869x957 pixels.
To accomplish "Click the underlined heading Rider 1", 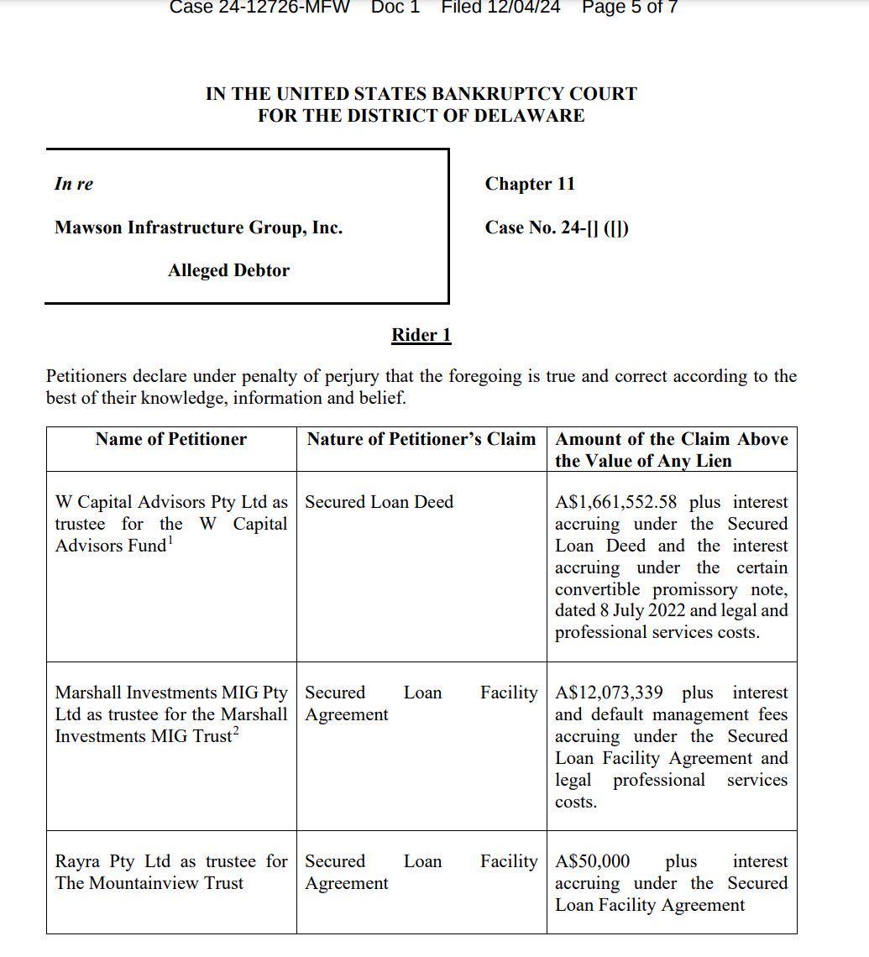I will tap(421, 335).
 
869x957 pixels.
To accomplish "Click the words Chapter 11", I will tap(530, 184).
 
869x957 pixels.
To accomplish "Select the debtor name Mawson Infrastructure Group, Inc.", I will tap(198, 227).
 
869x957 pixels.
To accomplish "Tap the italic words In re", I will tap(74, 184).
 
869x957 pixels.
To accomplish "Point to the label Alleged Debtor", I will tap(228, 270).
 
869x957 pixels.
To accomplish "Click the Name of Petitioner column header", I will tap(171, 439).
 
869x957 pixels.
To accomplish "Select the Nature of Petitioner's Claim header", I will tap(421, 439).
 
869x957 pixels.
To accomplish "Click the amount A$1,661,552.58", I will tap(615, 502).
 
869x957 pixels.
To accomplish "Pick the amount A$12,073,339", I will tap(609, 693).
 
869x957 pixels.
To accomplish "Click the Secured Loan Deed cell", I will tap(379, 502).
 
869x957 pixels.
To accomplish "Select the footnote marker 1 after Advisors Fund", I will tap(170, 540).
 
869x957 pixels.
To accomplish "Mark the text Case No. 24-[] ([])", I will tap(557, 227).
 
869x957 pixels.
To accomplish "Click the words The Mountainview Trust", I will tap(149, 883).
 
